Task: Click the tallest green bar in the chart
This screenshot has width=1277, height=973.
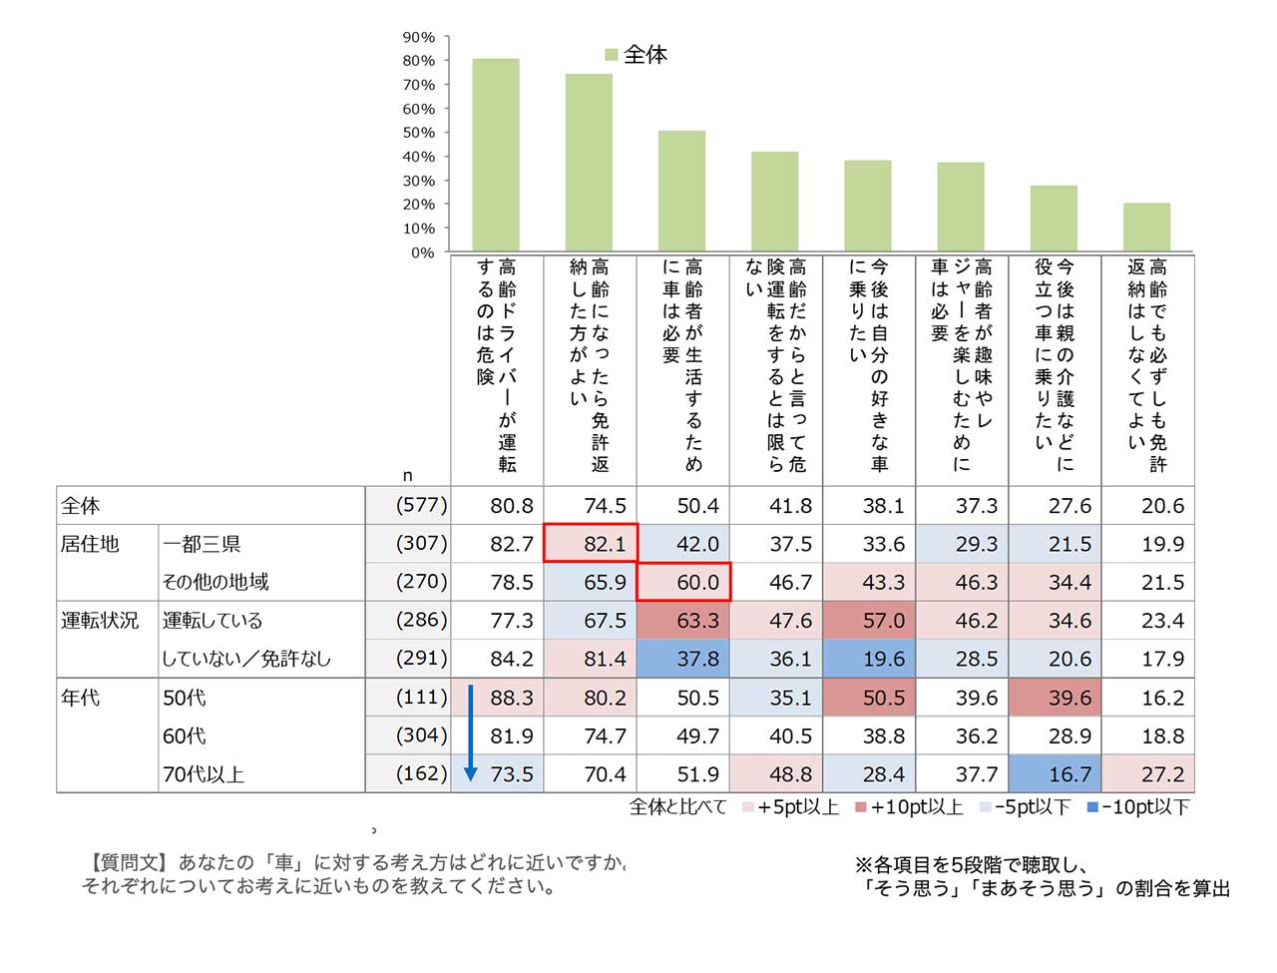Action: pyautogui.click(x=495, y=155)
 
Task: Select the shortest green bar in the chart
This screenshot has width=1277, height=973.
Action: pyautogui.click(x=1146, y=227)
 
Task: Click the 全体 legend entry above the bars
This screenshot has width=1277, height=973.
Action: pyautogui.click(x=636, y=55)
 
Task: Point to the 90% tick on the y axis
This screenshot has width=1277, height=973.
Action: pyautogui.click(x=419, y=38)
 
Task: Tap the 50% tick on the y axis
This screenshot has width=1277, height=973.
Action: pyautogui.click(x=419, y=133)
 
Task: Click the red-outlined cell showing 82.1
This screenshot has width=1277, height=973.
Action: pyautogui.click(x=591, y=544)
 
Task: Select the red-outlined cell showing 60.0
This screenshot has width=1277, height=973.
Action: pyautogui.click(x=683, y=582)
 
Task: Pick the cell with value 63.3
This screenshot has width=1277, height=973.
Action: pyautogui.click(x=683, y=621)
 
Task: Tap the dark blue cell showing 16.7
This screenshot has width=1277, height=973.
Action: pyautogui.click(x=1056, y=774)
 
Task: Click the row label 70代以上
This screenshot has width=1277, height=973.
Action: pyautogui.click(x=204, y=774)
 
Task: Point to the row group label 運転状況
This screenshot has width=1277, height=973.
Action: pyautogui.click(x=100, y=621)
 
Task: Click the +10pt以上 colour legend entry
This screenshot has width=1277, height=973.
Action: pyautogui.click(x=910, y=807)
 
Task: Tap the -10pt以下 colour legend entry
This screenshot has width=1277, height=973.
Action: pyautogui.click(x=1138, y=807)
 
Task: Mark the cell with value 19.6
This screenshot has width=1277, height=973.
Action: pyautogui.click(x=870, y=659)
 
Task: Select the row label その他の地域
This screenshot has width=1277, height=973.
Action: pyautogui.click(x=215, y=582)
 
